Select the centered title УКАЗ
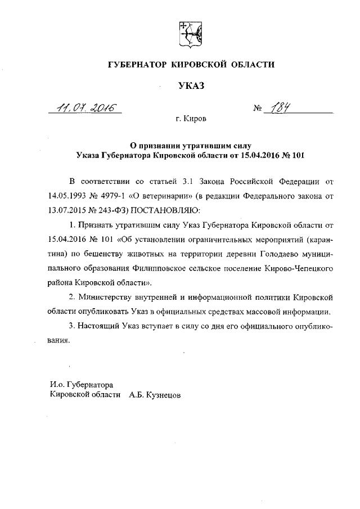coord(190,85)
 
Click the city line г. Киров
coord(191,120)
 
